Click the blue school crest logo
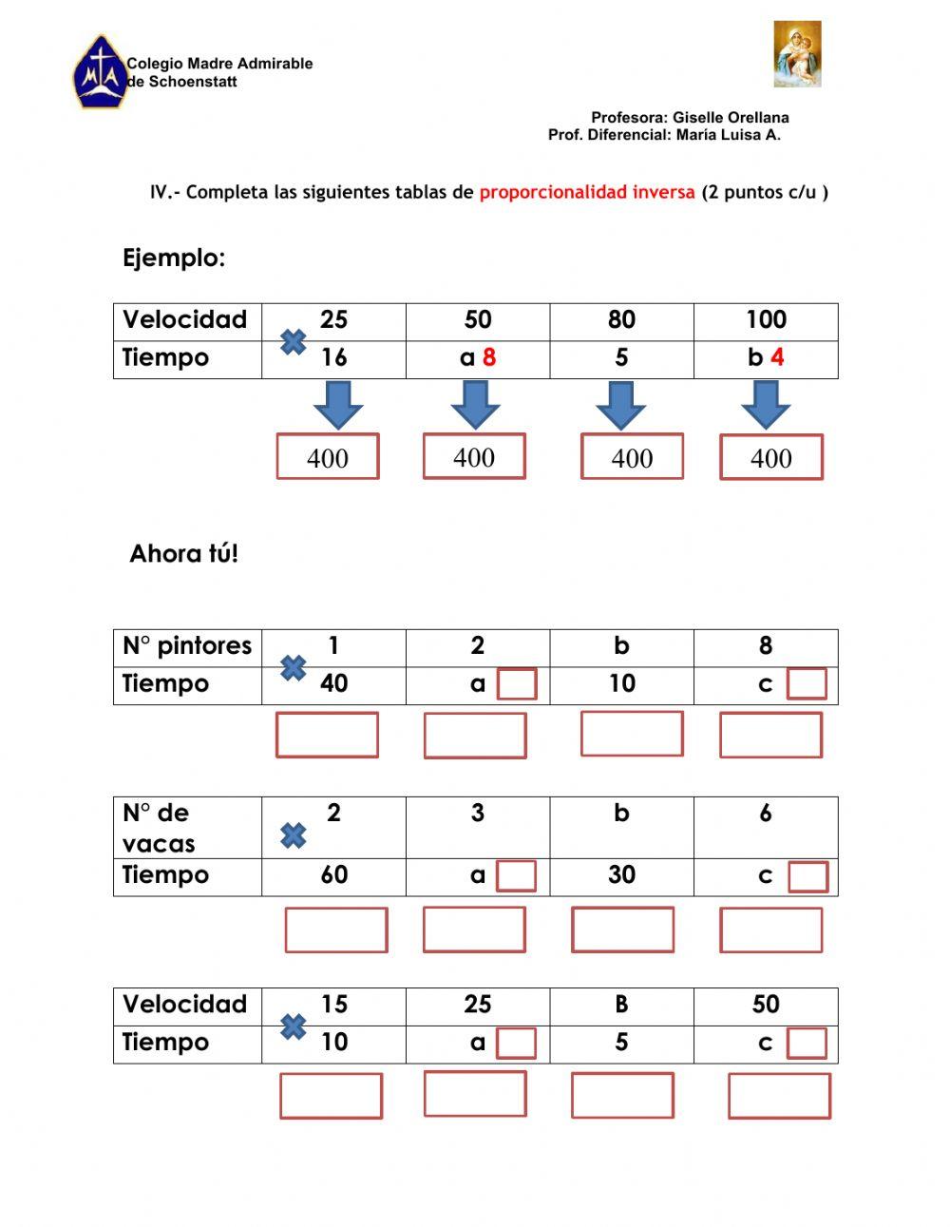point(100,73)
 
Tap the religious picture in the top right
point(797,54)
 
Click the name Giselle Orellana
point(731,118)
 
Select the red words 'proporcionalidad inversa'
point(587,193)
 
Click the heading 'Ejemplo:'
point(174,258)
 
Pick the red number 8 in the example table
point(489,358)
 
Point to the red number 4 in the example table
point(777,358)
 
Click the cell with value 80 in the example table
point(621,320)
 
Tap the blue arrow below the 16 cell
point(338,405)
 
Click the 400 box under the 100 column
point(770,458)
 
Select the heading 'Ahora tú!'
point(183,554)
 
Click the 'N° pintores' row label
point(187,646)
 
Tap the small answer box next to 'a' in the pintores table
point(517,684)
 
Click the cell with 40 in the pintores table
point(333,684)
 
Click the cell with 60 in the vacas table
point(333,875)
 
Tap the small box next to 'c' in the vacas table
point(807,876)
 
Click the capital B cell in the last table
point(621,1005)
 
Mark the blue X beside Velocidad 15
point(294,1026)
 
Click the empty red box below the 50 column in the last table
point(779,1096)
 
